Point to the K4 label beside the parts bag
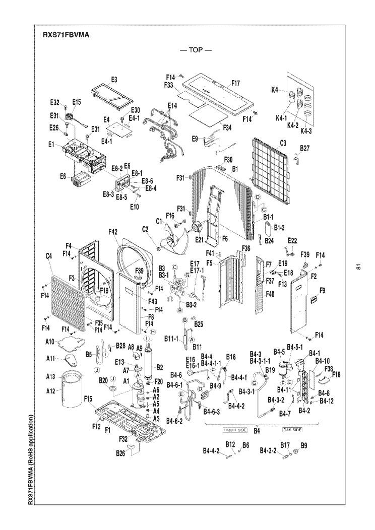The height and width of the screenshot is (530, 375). tap(275, 90)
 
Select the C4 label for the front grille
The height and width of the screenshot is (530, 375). tap(49, 256)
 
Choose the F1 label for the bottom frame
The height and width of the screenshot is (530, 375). tap(107, 429)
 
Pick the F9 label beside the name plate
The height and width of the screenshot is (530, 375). tap(322, 290)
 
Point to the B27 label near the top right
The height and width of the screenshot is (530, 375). tap(305, 148)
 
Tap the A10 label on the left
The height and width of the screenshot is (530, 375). tap(50, 342)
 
